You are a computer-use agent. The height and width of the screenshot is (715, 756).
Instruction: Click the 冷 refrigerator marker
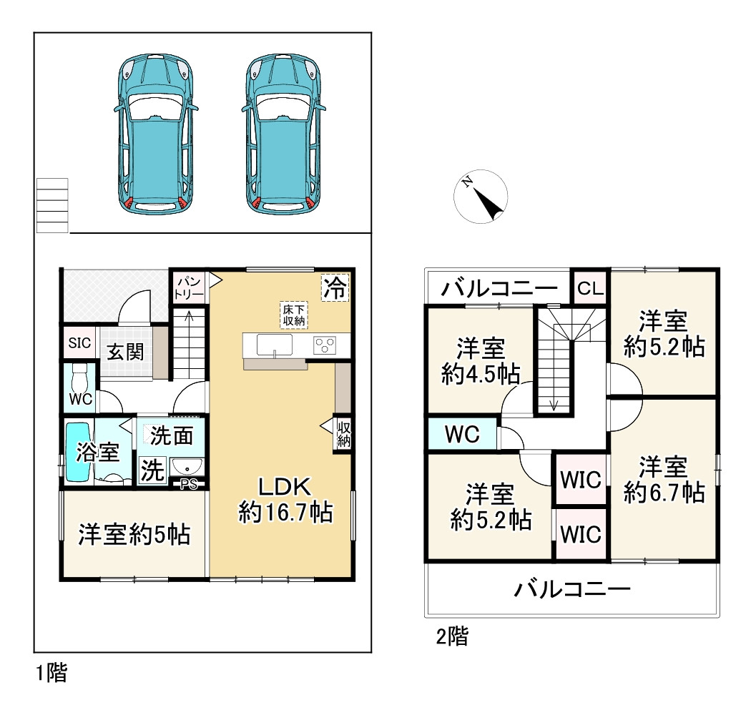[x=335, y=288]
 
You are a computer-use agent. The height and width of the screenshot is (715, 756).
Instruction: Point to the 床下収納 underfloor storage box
[x=293, y=315]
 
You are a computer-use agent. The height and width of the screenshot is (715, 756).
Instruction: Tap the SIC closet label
[x=79, y=343]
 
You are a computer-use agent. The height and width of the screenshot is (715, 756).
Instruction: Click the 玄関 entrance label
[x=126, y=352]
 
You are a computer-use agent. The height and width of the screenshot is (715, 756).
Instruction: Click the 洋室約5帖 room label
[x=134, y=534]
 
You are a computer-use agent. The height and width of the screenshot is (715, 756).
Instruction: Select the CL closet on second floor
[x=591, y=288]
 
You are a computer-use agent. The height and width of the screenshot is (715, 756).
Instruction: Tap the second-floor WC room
[x=461, y=434]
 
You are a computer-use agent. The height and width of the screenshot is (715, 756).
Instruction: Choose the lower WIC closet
[x=581, y=533]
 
